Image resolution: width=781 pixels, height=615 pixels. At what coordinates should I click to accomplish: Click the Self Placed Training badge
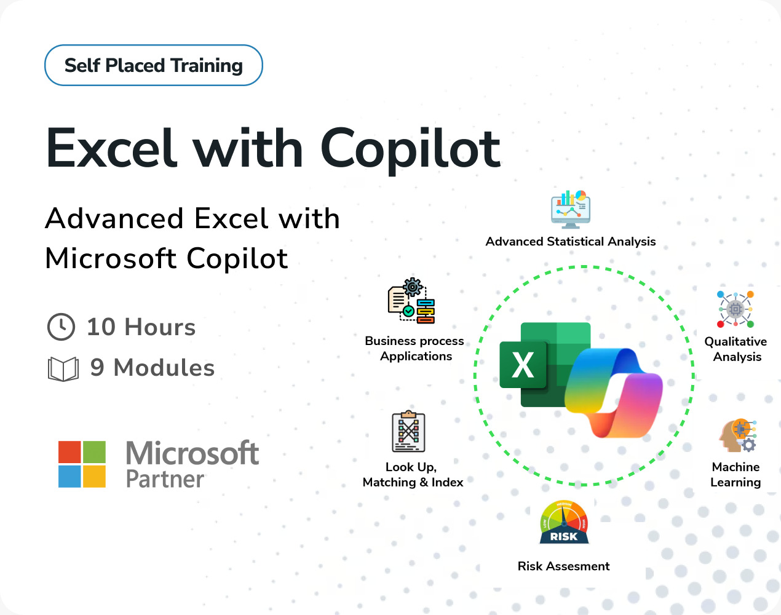click(x=154, y=65)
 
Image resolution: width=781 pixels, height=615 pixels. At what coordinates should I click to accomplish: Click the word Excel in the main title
click(x=111, y=148)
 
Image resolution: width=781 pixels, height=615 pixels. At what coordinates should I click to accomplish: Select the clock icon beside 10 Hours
click(x=61, y=327)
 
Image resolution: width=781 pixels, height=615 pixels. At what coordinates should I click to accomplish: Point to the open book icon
click(x=63, y=369)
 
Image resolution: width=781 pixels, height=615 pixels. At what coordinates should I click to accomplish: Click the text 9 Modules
click(x=153, y=367)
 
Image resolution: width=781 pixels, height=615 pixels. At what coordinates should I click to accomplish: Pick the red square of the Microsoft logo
click(x=69, y=452)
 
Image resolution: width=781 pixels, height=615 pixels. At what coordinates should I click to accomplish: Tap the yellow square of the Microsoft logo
click(x=94, y=476)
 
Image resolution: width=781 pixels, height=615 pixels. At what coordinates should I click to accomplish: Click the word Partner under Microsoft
click(x=165, y=479)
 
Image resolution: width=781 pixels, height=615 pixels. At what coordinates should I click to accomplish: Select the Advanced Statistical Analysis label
click(x=571, y=242)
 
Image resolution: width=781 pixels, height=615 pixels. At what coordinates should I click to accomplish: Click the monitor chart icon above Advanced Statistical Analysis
click(x=571, y=210)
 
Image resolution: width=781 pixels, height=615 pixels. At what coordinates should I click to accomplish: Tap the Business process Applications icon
click(x=411, y=301)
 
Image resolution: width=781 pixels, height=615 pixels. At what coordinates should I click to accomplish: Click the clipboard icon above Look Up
click(x=409, y=431)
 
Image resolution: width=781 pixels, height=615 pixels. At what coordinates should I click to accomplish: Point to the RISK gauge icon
click(x=564, y=522)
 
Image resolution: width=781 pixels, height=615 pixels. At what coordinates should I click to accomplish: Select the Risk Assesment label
click(x=564, y=566)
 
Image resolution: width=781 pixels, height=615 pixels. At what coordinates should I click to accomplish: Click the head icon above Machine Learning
click(x=738, y=435)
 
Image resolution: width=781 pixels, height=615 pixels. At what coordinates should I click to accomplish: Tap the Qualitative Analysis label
click(x=736, y=349)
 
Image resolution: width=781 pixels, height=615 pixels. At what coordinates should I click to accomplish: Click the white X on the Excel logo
click(x=523, y=365)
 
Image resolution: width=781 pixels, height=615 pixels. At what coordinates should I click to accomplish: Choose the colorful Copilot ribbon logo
click(x=614, y=393)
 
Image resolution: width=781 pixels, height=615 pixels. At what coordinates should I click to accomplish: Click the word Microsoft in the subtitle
click(x=111, y=258)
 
